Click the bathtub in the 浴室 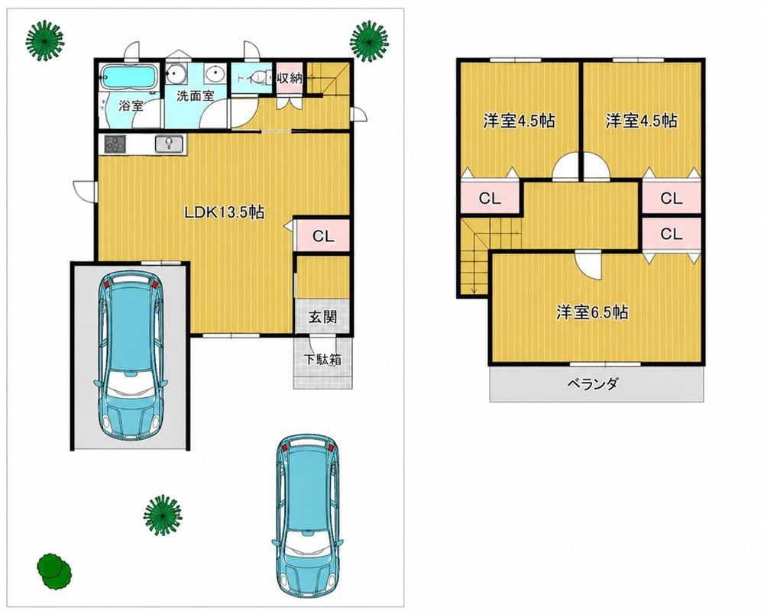128,77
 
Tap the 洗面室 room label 195,95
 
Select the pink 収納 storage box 290,78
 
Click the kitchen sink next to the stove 169,144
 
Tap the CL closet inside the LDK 323,236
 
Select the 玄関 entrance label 322,317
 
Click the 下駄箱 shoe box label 322,360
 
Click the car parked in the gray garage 130,355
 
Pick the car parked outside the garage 307,516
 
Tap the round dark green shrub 53,570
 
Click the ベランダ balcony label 593,383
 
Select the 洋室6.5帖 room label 593,312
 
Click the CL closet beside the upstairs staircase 490,198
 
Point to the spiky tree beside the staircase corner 370,40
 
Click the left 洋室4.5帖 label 519,121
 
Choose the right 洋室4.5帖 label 641,121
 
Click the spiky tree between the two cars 163,515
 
